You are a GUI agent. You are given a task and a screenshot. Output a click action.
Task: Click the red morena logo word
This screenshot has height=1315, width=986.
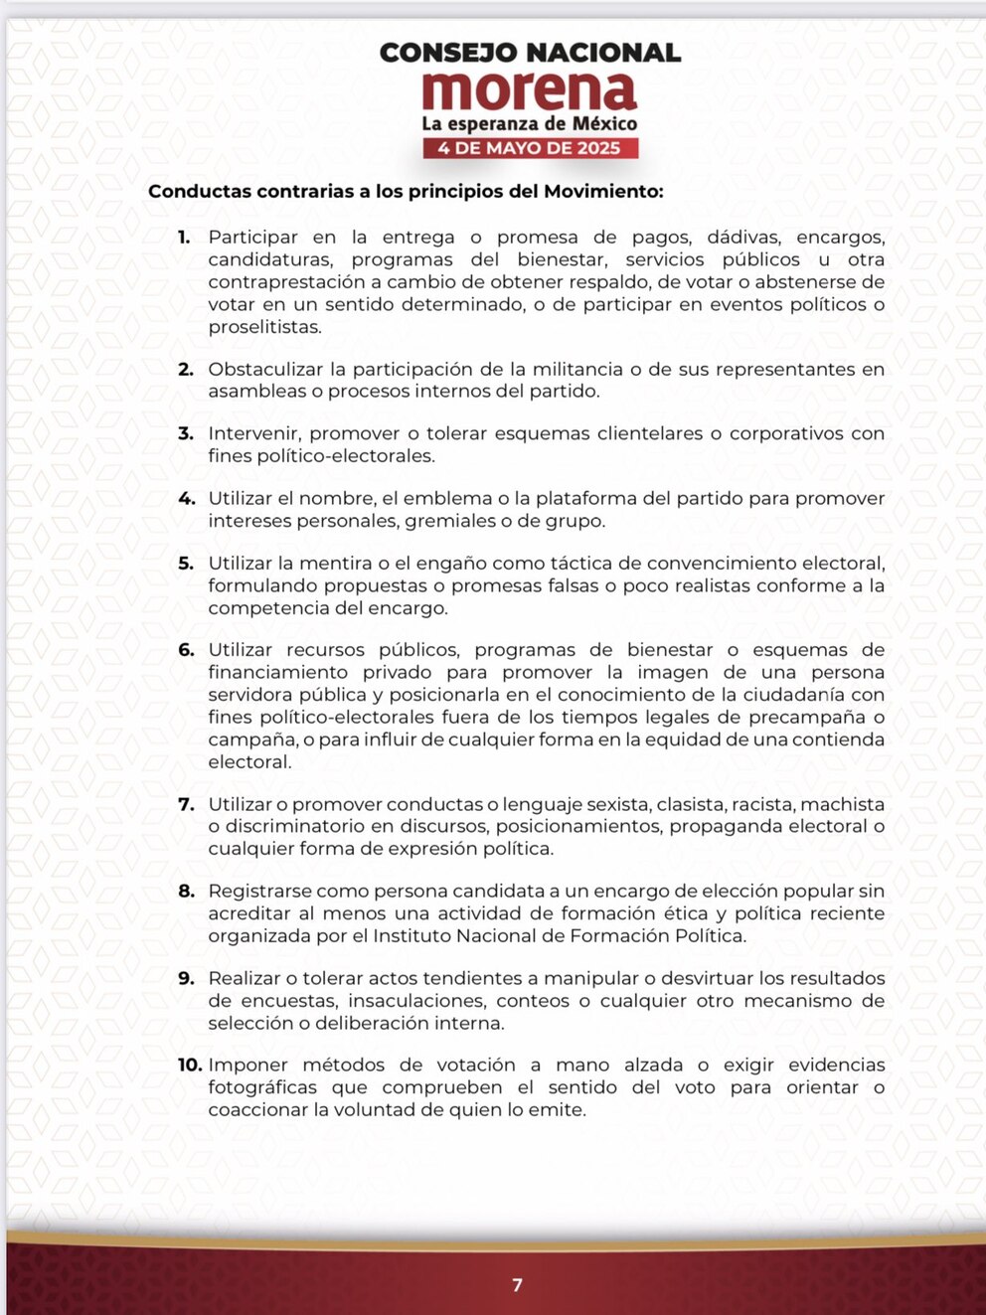tap(529, 91)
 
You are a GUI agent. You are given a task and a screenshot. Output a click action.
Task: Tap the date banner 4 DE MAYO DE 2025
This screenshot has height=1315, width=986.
tap(530, 148)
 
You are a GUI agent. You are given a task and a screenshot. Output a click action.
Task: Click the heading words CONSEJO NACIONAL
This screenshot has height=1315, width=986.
tap(530, 53)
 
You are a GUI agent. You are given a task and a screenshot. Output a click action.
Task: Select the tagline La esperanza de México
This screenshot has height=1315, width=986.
tap(530, 123)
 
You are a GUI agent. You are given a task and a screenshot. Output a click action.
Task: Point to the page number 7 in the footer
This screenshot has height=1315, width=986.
tap(517, 1285)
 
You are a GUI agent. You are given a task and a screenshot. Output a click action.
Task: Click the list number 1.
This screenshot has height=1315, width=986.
tap(184, 238)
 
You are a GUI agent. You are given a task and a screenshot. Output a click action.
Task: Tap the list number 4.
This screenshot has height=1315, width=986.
tap(186, 499)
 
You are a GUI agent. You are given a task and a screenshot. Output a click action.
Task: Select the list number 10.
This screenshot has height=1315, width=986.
tap(190, 1066)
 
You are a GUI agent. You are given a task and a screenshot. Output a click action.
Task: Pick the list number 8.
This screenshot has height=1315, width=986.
tap(186, 892)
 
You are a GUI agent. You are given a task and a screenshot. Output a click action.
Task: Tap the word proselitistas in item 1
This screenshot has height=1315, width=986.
tap(264, 327)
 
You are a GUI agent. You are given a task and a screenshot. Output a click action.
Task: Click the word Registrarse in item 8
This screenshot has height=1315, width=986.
tap(259, 892)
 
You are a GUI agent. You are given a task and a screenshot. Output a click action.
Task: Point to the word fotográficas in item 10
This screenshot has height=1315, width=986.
tap(262, 1087)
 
